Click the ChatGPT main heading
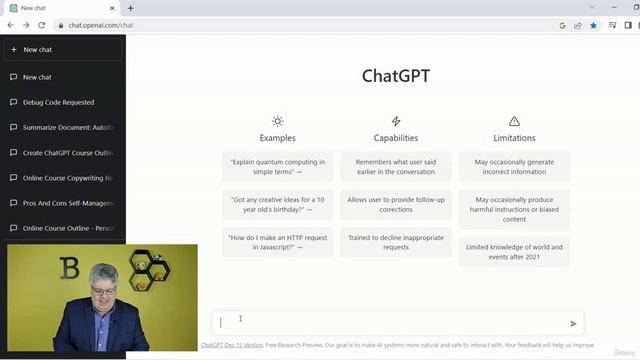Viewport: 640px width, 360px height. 396,76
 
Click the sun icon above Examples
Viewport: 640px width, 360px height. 277,121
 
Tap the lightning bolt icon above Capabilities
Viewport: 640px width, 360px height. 396,121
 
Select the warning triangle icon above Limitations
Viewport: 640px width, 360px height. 514,121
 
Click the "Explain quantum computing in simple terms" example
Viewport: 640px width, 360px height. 278,166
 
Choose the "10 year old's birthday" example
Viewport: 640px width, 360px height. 278,205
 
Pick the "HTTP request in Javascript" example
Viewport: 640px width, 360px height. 278,242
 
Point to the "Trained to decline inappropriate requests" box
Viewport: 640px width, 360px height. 396,242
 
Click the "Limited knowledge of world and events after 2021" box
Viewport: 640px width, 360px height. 514,251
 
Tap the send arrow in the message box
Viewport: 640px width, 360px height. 573,323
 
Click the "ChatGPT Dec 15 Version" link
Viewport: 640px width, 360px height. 231,345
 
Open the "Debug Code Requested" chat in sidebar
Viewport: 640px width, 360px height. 59,102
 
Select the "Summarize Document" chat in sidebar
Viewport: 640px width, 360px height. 67,127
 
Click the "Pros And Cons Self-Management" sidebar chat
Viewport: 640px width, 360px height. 67,203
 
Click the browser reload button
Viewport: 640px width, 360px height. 42,25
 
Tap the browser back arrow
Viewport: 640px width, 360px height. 10,25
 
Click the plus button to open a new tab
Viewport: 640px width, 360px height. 131,8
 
